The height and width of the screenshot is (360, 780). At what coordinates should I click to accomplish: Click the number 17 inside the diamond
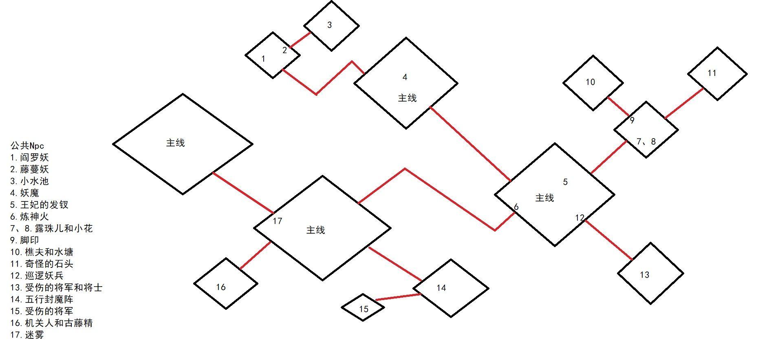click(278, 221)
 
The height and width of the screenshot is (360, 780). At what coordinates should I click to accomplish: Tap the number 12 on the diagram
click(579, 218)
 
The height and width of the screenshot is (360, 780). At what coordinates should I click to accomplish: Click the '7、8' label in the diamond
click(646, 141)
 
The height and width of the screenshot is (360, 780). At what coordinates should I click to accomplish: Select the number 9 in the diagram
click(632, 120)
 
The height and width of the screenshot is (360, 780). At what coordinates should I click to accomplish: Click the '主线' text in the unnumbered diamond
click(176, 143)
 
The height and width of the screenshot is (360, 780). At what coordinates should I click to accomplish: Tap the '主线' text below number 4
click(407, 98)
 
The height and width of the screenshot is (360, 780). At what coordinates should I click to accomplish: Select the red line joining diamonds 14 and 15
click(398, 297)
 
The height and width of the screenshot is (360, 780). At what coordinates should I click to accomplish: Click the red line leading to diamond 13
click(609, 240)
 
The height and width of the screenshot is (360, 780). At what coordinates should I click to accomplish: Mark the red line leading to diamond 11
click(684, 103)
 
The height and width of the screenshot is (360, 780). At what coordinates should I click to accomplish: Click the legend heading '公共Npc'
click(27, 146)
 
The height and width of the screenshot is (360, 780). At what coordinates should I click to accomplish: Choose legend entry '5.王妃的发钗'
click(40, 205)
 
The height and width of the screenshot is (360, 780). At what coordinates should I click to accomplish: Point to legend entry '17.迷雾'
click(27, 335)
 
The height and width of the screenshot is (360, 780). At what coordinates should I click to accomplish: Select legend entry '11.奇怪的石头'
click(42, 264)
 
